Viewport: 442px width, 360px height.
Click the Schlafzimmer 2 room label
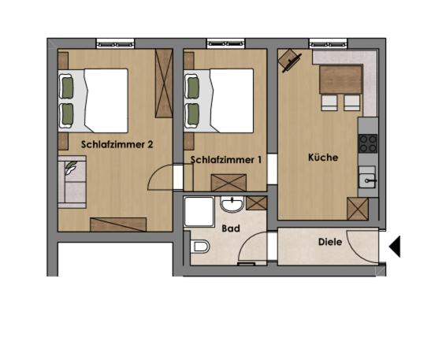[x=117, y=145]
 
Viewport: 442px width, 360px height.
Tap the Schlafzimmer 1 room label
[x=226, y=160]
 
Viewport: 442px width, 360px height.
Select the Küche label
[x=323, y=158]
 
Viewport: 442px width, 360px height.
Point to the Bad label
[x=231, y=228]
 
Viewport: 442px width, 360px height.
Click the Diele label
[x=330, y=242]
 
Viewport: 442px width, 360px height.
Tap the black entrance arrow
[x=395, y=247]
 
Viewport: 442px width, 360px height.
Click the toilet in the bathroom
[x=200, y=247]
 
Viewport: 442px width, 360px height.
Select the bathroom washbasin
[x=232, y=204]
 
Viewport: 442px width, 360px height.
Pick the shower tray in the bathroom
[x=199, y=211]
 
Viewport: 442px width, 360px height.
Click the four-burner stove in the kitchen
[x=368, y=143]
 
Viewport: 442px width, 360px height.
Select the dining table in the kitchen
[x=341, y=80]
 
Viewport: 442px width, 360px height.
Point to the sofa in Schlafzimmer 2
[x=72, y=182]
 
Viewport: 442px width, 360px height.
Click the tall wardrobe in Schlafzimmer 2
[x=164, y=84]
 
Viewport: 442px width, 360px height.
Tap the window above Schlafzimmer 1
[x=225, y=43]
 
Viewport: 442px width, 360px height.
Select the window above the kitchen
[x=328, y=43]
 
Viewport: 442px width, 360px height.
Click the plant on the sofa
[x=70, y=168]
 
